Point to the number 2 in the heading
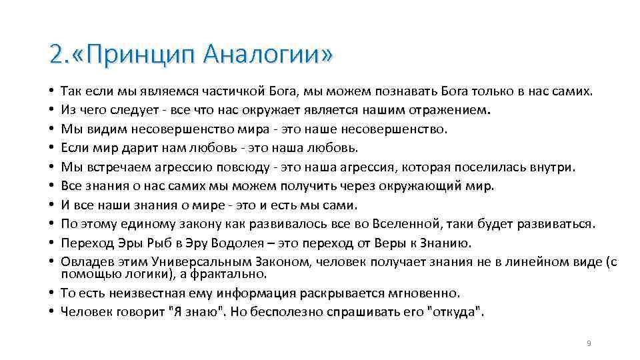(55, 53)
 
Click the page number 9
(589, 343)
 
